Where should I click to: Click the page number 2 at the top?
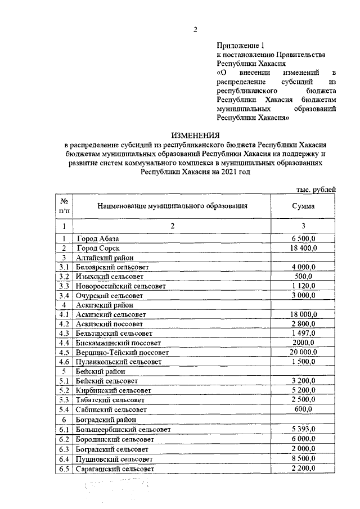pos(195,30)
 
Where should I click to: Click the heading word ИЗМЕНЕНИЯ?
pos(195,136)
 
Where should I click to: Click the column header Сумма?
pos(303,206)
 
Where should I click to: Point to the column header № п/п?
pos(64,206)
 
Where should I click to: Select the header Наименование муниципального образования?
pos(172,206)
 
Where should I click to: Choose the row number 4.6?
pos(64,362)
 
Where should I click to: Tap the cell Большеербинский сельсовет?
pos(123,430)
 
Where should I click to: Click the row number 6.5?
pos(64,469)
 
